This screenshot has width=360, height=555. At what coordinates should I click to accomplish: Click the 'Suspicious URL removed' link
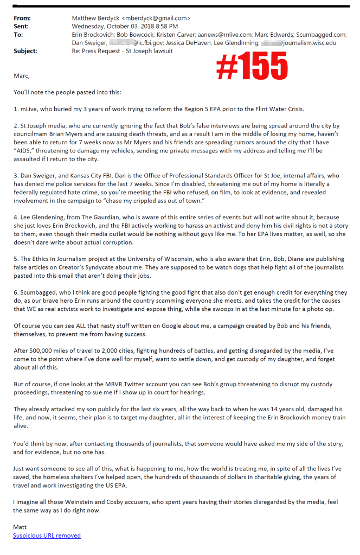pos(47,535)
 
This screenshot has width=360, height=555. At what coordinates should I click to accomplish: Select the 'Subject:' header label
pos(25,51)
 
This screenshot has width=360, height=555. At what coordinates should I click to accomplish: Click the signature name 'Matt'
pos(20,527)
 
